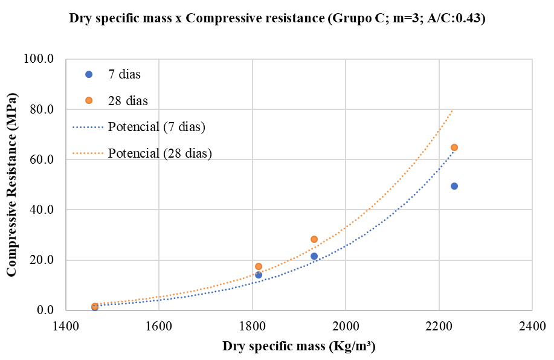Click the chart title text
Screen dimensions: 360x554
tap(277, 18)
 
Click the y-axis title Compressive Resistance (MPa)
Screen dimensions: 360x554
tap(11, 184)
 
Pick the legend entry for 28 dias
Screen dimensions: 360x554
tap(127, 100)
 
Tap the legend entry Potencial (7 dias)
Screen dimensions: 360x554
tap(157, 127)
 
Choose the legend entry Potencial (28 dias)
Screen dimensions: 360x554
tap(159, 153)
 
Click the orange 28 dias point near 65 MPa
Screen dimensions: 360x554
tap(454, 147)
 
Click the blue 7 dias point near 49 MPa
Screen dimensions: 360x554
tap(454, 186)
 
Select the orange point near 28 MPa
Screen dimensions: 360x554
tap(314, 239)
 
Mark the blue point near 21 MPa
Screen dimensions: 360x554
tap(314, 256)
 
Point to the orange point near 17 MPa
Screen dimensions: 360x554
tap(259, 266)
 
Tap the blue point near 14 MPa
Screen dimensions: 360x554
tap(259, 275)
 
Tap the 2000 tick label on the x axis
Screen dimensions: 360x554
tap(345, 326)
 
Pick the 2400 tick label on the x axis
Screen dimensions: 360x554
tap(532, 326)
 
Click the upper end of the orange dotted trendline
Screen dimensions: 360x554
tap(452, 111)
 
